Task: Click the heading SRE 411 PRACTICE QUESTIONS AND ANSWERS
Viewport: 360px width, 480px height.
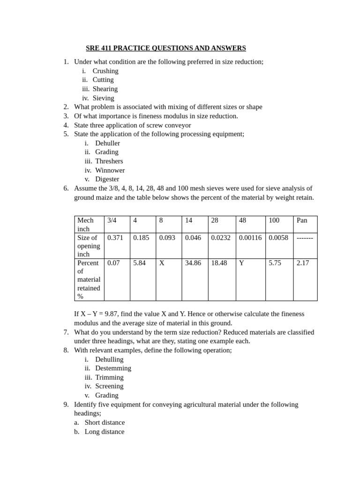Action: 166,48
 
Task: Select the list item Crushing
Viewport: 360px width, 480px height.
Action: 105,71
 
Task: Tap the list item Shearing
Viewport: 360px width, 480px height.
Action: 105,89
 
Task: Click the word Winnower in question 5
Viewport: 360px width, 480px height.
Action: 110,170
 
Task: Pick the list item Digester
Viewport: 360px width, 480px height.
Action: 107,179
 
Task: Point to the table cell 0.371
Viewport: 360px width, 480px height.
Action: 115,238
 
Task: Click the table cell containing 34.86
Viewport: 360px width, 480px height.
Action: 193,263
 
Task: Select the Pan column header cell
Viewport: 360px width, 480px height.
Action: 302,220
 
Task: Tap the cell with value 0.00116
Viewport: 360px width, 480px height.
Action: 250,238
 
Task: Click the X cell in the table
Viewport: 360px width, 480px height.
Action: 162,263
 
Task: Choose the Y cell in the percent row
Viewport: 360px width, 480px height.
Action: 241,263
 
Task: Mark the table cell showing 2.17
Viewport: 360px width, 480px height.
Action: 303,263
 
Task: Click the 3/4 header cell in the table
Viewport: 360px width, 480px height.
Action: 112,220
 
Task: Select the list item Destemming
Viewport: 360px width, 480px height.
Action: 113,368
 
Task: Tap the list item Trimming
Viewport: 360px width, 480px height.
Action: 109,377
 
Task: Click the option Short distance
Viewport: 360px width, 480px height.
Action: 105,422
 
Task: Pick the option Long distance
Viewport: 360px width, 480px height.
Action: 105,432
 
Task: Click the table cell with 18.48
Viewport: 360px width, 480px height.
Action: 219,263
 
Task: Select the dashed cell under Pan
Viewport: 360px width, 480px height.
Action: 305,238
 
